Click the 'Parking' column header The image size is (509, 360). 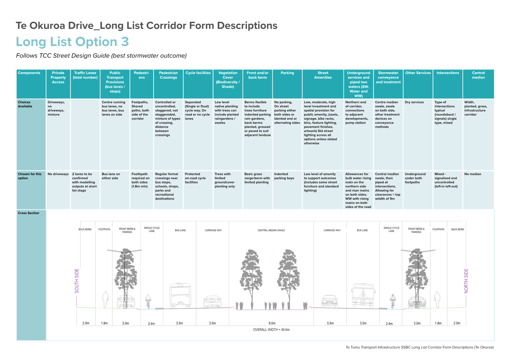(287, 73)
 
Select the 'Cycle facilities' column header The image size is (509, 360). (198, 73)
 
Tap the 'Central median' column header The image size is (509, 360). (478, 75)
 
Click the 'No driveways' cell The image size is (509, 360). (58, 174)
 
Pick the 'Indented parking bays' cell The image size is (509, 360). (284, 176)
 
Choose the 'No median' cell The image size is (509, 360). (473, 174)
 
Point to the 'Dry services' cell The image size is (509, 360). (414, 102)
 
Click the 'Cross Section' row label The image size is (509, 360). (28, 213)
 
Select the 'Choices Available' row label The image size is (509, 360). (25, 104)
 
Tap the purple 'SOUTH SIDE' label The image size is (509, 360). (77, 281)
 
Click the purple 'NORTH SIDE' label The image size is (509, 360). (466, 281)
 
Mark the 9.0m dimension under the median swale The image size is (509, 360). (272, 323)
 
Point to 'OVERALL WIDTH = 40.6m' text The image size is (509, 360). (271, 330)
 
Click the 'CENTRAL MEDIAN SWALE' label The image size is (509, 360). (271, 230)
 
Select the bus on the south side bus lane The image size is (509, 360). (180, 295)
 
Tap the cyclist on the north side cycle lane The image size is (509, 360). (393, 301)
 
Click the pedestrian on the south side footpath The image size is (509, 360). (105, 299)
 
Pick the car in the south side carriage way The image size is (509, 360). (212, 302)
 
